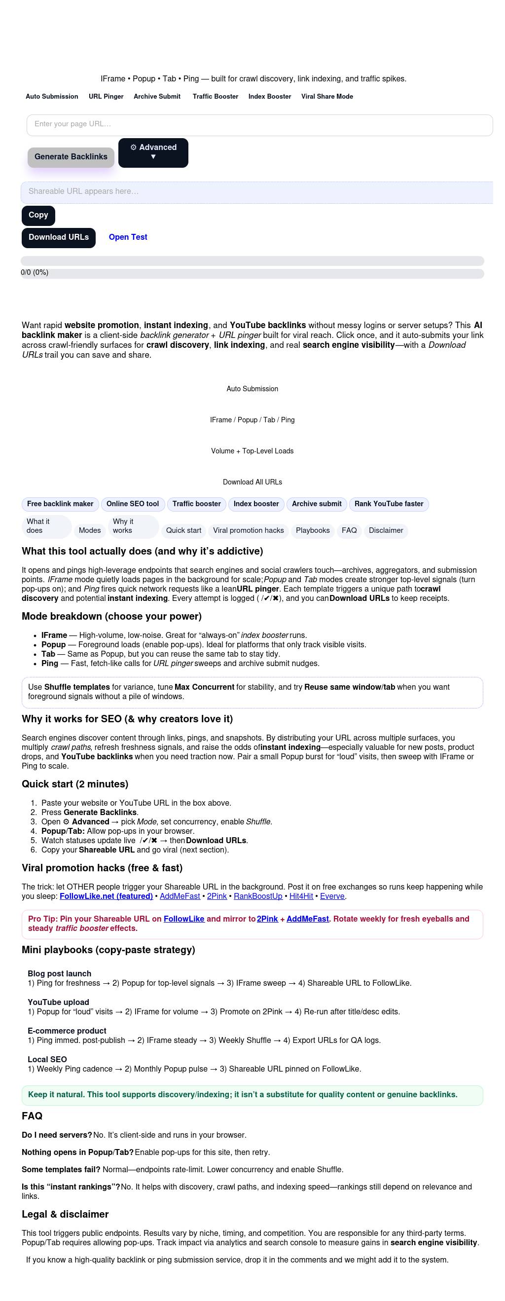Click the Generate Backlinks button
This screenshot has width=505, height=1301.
click(x=71, y=157)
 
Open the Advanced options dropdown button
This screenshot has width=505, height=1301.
click(x=153, y=152)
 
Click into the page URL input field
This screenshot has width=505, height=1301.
click(x=259, y=125)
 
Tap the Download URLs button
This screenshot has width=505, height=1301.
click(x=59, y=237)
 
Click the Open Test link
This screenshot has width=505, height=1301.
click(x=128, y=237)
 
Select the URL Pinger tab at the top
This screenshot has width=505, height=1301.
click(x=106, y=97)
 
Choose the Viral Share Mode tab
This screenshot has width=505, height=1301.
click(x=327, y=97)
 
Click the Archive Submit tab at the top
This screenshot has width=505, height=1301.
click(x=157, y=97)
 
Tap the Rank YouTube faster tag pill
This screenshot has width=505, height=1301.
click(x=388, y=504)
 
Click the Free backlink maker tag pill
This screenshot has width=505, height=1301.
click(x=60, y=504)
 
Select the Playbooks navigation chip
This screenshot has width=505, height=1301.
click(x=313, y=531)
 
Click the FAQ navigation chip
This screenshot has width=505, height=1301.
click(x=349, y=531)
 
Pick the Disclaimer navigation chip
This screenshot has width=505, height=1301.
click(x=386, y=531)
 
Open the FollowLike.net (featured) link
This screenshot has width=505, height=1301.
click(x=106, y=896)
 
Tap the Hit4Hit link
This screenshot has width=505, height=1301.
click(x=301, y=896)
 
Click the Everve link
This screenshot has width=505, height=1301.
click(x=332, y=896)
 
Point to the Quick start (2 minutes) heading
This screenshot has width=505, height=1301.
click(x=75, y=784)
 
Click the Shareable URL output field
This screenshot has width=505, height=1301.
click(x=256, y=192)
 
